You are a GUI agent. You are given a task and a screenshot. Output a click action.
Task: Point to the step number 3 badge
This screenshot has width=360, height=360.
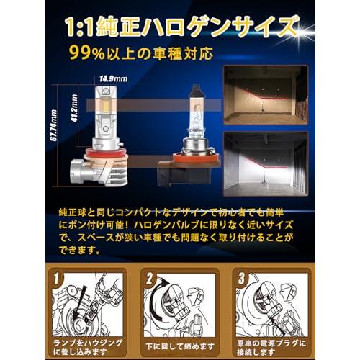click(243, 278)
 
